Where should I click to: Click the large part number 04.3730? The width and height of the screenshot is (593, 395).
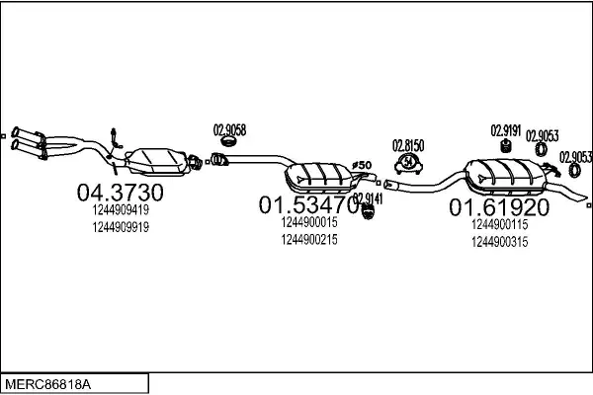tap(121, 192)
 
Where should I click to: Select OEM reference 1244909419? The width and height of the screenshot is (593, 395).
tap(121, 209)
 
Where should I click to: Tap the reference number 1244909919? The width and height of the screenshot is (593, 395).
tap(121, 227)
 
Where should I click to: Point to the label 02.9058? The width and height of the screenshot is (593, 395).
tap(229, 130)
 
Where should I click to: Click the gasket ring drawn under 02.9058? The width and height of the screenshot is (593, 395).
tap(228, 142)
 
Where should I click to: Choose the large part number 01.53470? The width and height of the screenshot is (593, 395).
tap(309, 204)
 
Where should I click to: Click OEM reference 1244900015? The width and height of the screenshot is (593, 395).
tap(309, 222)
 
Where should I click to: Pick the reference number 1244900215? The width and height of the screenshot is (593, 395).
tap(309, 240)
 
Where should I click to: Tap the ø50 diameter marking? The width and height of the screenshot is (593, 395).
tap(362, 165)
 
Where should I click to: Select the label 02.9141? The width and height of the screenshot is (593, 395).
tap(368, 198)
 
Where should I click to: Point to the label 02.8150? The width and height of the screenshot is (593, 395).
tap(408, 145)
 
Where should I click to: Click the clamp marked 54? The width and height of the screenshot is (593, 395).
tap(408, 164)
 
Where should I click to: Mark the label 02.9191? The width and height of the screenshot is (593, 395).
tap(506, 130)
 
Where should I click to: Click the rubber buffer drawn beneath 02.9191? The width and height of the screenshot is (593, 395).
tap(506, 146)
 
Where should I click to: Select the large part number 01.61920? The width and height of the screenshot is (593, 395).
tap(499, 207)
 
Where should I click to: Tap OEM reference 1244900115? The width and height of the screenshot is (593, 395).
tap(499, 224)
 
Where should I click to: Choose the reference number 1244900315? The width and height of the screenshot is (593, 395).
tap(499, 242)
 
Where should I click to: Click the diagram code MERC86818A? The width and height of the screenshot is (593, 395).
tap(48, 385)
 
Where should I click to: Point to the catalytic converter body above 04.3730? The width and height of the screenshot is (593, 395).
tap(156, 162)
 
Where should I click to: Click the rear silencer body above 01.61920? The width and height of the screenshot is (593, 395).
tap(506, 177)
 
